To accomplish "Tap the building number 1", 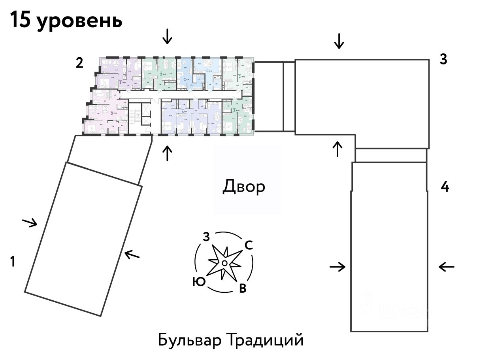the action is (13, 262).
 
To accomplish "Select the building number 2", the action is (79, 63).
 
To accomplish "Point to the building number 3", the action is (443, 59).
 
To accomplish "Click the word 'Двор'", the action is (244, 187).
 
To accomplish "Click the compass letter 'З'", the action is (206, 237).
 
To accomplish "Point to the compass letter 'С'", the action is (248, 245).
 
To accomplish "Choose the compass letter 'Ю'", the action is (198, 281).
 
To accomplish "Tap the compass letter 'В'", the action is (243, 289).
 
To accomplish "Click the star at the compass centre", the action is (224, 262).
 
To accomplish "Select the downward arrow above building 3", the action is (339, 41).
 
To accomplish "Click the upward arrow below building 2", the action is (168, 153).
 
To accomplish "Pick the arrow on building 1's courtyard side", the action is (132, 254).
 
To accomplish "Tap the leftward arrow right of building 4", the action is (447, 267).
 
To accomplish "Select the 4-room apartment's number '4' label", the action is (182, 111).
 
